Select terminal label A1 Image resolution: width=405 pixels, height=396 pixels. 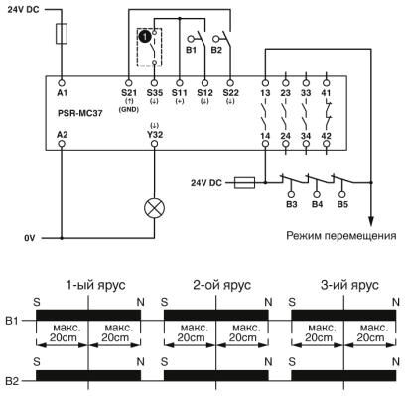[63, 92]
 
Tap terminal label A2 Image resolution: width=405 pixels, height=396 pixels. [63, 131]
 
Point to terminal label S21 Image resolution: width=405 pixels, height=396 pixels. [127, 92]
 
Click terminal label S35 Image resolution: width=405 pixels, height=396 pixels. [153, 92]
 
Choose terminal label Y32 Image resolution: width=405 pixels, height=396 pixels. [153, 131]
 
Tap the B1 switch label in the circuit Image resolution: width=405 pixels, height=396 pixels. [193, 45]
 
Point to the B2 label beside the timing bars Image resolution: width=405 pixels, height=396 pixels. [13, 380]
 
